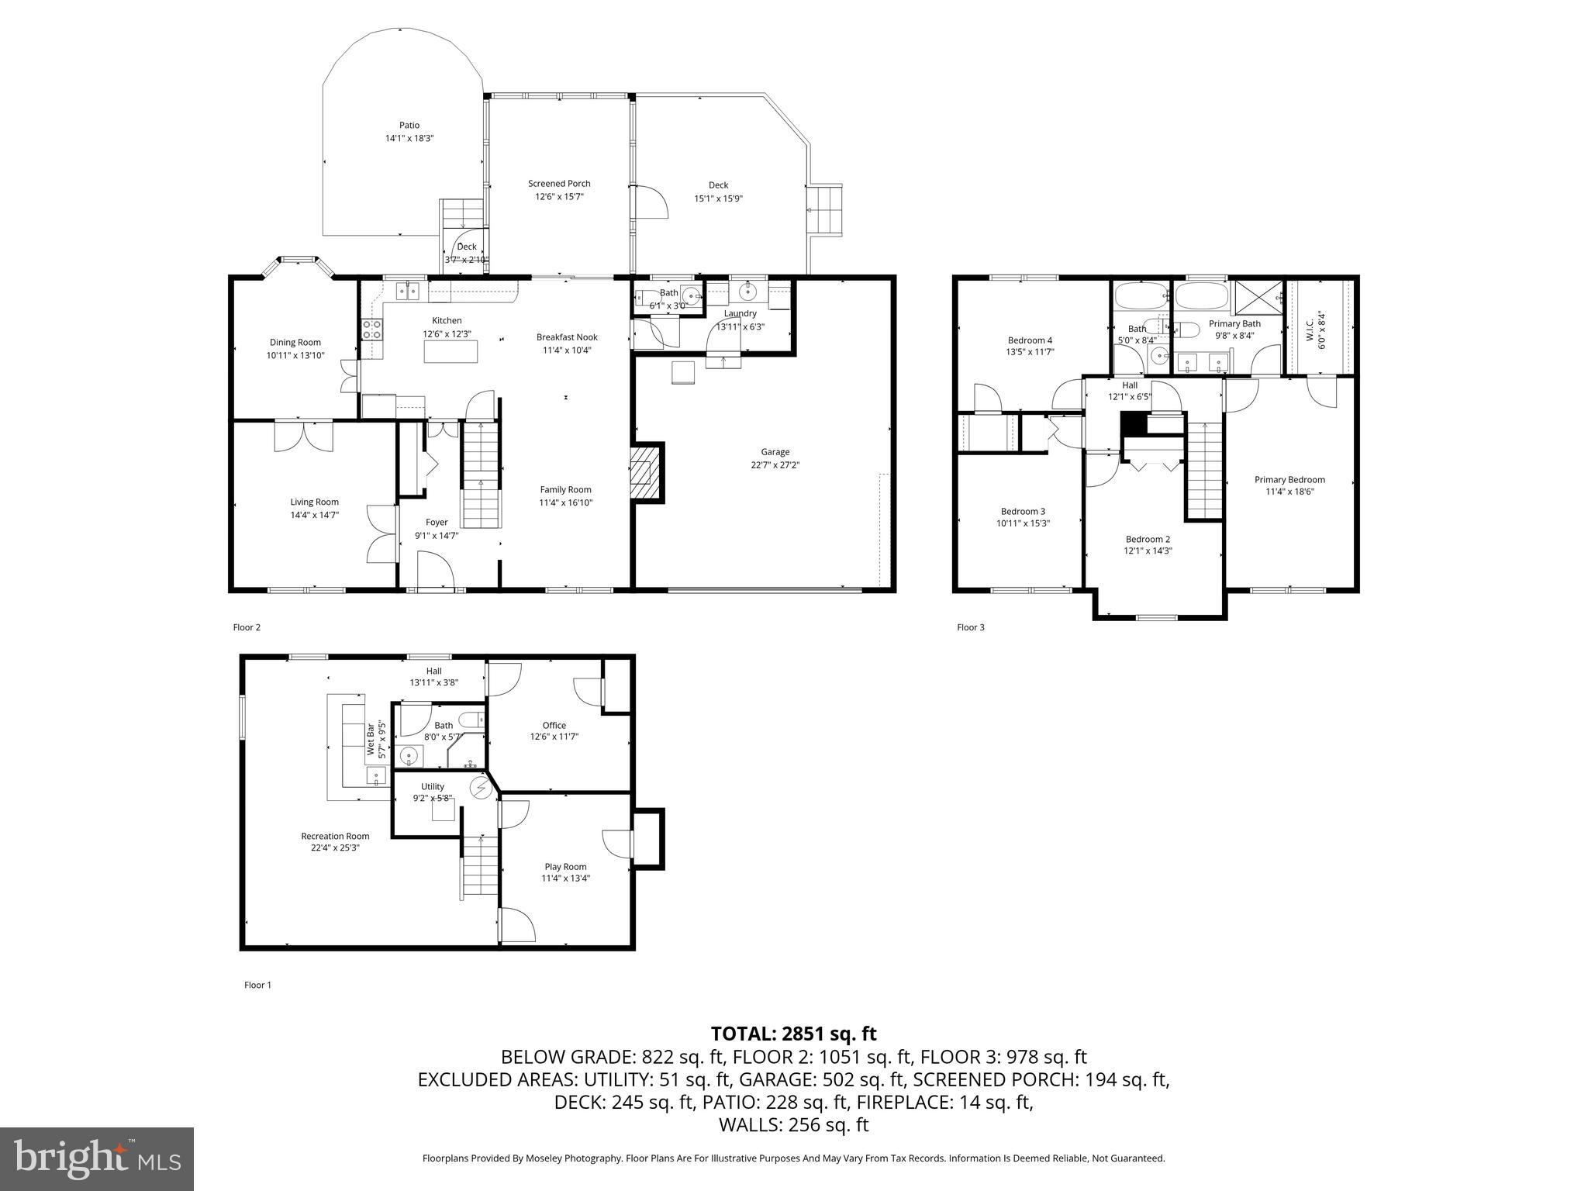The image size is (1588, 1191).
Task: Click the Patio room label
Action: click(409, 126)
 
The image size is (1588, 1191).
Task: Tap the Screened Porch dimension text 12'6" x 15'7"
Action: click(559, 197)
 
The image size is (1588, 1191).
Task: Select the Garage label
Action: click(775, 452)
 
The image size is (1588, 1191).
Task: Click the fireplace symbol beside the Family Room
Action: click(642, 473)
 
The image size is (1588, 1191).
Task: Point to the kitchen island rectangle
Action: click(451, 352)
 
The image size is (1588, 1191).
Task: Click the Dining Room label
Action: click(295, 343)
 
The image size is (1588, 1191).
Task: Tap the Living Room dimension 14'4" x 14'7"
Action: click(314, 515)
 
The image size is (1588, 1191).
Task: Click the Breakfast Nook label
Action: click(567, 337)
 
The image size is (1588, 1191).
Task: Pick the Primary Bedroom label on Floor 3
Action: click(1289, 480)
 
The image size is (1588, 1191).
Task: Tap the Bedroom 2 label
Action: click(1148, 540)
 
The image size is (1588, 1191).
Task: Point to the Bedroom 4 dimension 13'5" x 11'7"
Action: click(1030, 352)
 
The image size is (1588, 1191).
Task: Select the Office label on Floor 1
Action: click(554, 726)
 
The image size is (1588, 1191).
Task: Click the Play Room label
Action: click(565, 867)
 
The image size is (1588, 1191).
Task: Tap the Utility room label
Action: click(433, 787)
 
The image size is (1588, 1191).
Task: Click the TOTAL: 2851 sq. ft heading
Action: click(793, 1034)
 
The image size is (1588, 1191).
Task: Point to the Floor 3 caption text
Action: click(970, 627)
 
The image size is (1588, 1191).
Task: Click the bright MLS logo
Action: click(97, 1160)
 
